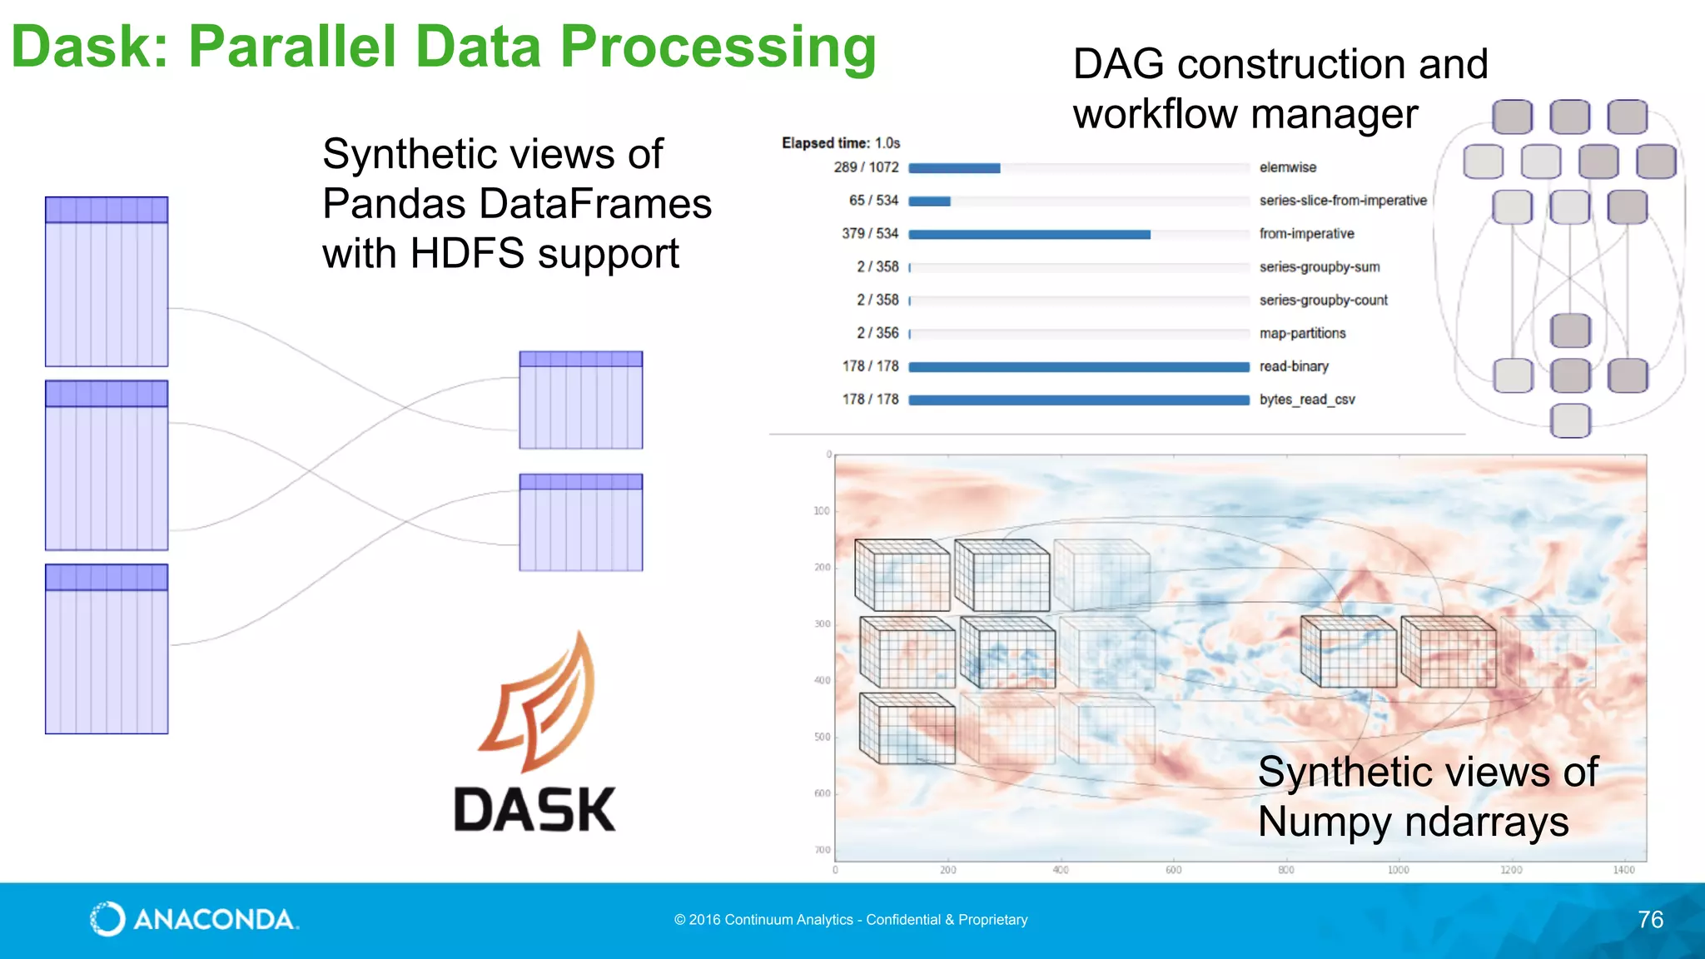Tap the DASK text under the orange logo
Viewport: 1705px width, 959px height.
[x=534, y=810]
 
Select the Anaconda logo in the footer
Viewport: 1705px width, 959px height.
[x=194, y=919]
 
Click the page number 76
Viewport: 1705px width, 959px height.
[x=1650, y=919]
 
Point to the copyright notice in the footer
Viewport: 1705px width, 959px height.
[x=851, y=920]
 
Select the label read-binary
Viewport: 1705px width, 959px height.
[x=1294, y=366]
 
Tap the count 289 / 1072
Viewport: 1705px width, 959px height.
[x=866, y=167]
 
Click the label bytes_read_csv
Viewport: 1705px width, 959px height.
[x=1307, y=400]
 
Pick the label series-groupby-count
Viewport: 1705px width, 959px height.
[x=1323, y=300]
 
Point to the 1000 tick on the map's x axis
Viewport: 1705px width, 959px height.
[x=1398, y=870]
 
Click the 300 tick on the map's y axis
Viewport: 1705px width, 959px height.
[x=822, y=624]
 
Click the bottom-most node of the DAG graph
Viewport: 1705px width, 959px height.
[x=1570, y=420]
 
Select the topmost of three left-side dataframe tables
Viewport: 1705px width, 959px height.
[x=107, y=281]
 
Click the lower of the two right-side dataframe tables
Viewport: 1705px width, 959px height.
[x=580, y=522]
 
